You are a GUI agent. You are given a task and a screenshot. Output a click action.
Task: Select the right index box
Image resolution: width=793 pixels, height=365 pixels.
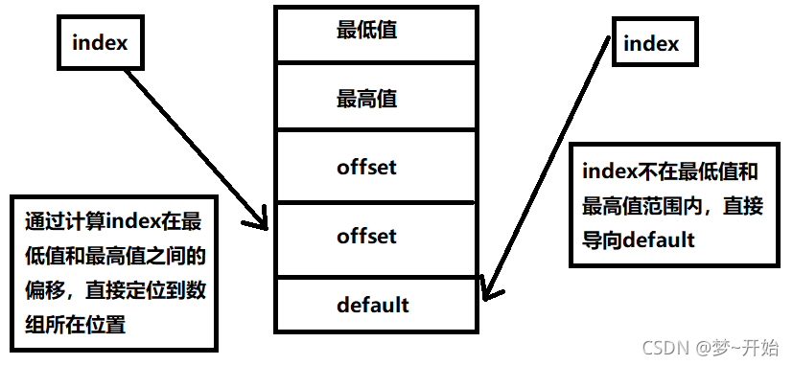(651, 43)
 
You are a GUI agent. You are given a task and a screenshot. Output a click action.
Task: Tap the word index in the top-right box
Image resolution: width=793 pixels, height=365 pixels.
(651, 43)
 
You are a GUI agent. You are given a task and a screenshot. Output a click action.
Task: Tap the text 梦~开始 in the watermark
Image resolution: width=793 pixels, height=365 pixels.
(751, 346)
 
